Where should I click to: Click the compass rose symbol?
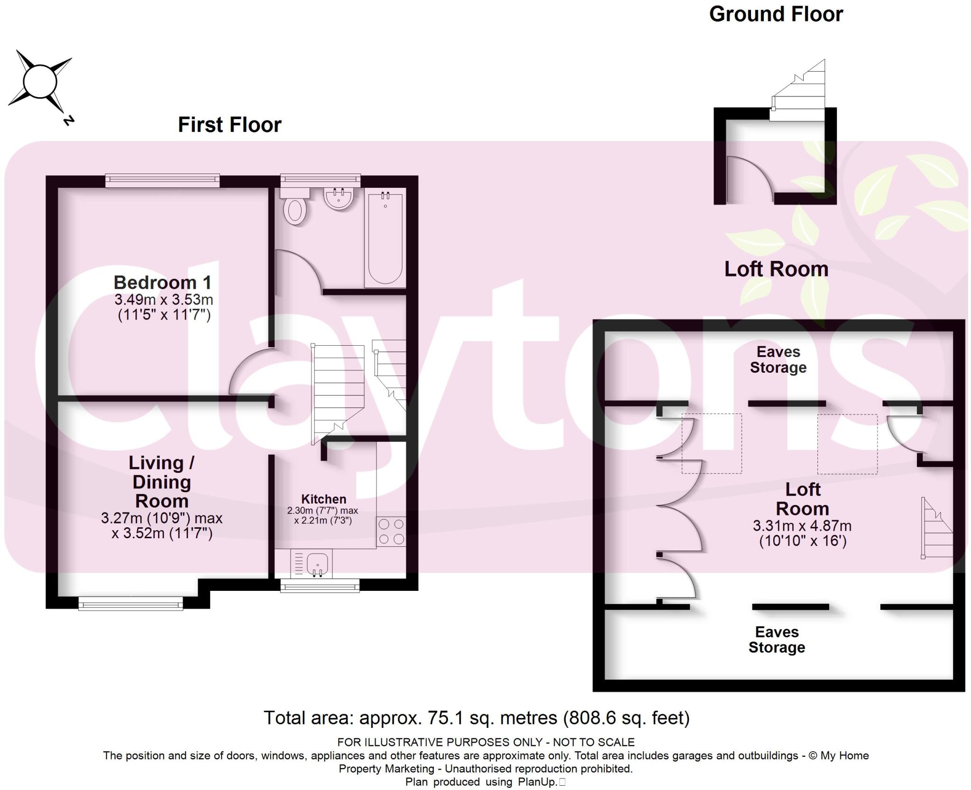(40, 82)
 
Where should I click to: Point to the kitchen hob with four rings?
(392, 532)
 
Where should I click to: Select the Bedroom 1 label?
(162, 283)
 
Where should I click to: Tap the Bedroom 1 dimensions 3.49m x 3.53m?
(164, 300)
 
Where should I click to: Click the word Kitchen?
(324, 499)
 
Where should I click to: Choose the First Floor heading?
(229, 125)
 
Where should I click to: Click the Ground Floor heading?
(776, 14)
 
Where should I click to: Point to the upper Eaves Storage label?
(778, 359)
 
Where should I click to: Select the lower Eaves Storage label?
(777, 640)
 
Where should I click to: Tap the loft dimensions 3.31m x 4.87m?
(802, 526)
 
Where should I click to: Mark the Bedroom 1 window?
(163, 180)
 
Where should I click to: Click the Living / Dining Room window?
(130, 603)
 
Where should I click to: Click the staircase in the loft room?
(937, 534)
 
